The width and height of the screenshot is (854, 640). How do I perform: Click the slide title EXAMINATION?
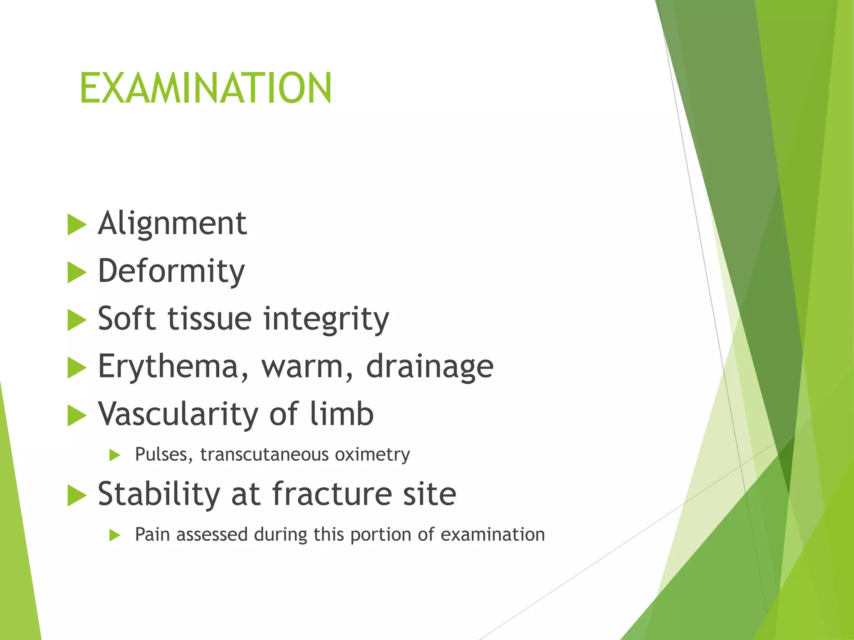click(x=206, y=88)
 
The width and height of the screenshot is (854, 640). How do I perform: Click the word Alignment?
click(x=172, y=224)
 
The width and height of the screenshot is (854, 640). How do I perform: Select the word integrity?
click(x=326, y=319)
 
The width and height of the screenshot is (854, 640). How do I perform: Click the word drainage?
click(x=430, y=367)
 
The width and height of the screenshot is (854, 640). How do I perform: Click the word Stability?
click(x=159, y=494)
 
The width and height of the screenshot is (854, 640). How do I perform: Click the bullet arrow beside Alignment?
click(x=76, y=225)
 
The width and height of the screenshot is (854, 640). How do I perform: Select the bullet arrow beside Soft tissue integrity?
click(x=76, y=320)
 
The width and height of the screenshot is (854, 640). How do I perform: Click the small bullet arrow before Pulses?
click(x=115, y=455)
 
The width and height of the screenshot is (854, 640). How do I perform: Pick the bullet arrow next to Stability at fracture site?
click(x=76, y=495)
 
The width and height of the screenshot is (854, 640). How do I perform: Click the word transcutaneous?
click(x=264, y=455)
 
